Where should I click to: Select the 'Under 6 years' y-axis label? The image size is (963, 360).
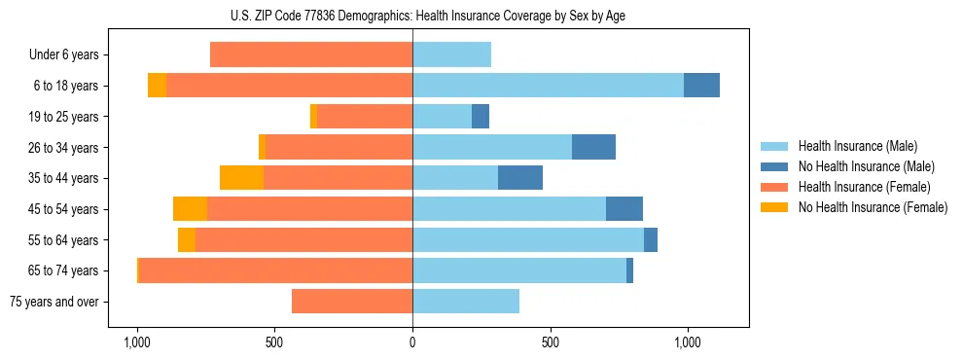point(63,55)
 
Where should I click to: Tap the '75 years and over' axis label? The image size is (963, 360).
point(53,302)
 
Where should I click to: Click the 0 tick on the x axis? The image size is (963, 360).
point(412,342)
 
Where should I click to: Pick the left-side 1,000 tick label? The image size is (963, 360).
point(137,342)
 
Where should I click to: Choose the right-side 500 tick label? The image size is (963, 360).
point(550,342)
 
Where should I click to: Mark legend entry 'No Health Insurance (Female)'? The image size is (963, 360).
point(872,207)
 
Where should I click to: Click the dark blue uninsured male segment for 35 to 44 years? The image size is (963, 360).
point(520,178)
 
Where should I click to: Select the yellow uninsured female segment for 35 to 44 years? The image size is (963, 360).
point(241,178)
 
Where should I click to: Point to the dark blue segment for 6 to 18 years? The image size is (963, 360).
point(701,86)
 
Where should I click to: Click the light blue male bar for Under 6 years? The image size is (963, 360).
point(451,55)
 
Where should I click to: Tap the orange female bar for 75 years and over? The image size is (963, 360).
point(352,302)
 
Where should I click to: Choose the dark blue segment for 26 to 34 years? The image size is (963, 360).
point(593,147)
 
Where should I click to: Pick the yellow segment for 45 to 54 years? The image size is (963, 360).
point(190,209)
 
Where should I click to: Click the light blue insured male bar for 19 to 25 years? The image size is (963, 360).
point(442,117)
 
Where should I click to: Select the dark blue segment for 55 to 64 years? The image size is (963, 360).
point(651,239)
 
